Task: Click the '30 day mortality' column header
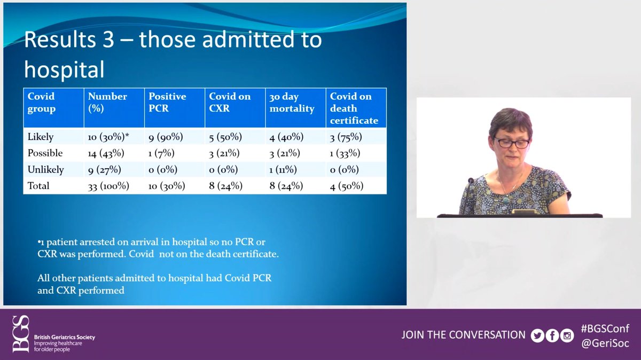click(292, 103)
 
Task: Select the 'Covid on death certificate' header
click(354, 108)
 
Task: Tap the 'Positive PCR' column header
click(167, 102)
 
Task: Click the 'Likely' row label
click(41, 137)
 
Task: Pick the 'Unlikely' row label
click(45, 169)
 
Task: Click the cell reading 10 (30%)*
click(108, 137)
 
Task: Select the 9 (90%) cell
click(166, 137)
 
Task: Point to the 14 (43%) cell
click(106, 153)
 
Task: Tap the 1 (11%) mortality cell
click(283, 170)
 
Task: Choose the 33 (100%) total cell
click(108, 186)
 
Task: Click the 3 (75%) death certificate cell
click(346, 137)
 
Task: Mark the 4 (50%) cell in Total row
click(347, 186)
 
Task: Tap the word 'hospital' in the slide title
click(64, 69)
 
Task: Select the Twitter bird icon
click(537, 335)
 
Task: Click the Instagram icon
click(567, 335)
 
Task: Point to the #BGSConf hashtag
click(605, 328)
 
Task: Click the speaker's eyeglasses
click(512, 143)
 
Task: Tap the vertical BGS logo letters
click(21, 334)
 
